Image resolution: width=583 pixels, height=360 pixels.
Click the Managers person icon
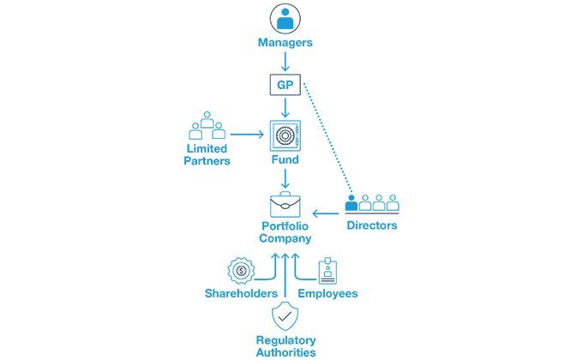[x=285, y=18]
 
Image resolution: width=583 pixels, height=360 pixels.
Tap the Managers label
[x=285, y=41]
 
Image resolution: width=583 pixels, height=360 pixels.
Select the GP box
[x=285, y=86]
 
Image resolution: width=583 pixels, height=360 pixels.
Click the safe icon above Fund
[x=285, y=136]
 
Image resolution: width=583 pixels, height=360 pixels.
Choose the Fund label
[x=285, y=161]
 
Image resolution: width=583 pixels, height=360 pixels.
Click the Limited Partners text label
[x=207, y=154]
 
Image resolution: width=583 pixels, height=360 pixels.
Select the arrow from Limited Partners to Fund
[x=246, y=135]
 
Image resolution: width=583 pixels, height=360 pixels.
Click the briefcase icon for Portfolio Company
[x=285, y=204]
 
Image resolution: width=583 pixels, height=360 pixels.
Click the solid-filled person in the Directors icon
[x=352, y=203]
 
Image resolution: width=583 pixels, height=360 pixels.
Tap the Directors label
[x=371, y=225]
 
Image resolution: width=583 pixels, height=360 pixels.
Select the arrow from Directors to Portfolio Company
[x=327, y=213]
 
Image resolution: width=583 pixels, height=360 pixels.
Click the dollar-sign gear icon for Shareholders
[x=241, y=271]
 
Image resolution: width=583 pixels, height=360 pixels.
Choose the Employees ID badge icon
[x=328, y=271]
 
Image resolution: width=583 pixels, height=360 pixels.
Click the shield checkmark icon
[x=285, y=315]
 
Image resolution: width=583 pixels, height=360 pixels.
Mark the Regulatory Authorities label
[x=285, y=345]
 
